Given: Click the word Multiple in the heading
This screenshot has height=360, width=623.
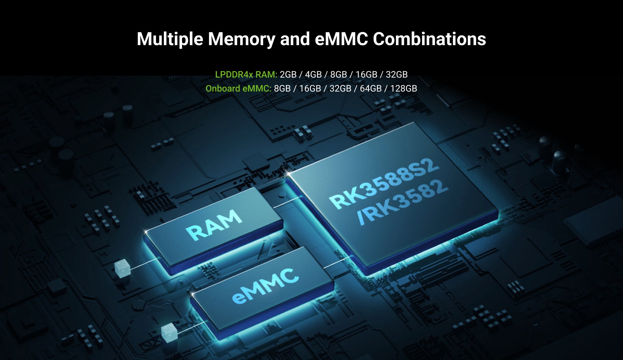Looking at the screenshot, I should coord(170,39).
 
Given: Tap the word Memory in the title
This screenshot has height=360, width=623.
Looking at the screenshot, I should coord(241,39).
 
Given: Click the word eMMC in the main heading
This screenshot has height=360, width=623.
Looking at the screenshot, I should coord(341,39).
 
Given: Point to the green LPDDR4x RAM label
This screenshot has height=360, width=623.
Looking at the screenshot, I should coord(246,74).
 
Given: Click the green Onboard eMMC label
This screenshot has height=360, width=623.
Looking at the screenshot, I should coord(238,88).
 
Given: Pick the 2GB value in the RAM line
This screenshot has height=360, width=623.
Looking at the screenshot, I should coord(288,74).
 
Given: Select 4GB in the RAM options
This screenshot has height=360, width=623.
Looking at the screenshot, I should coord(313,74).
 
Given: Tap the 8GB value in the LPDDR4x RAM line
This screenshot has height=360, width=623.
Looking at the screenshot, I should coord(338,74).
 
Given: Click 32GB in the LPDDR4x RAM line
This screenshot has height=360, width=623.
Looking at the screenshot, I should coord(397,74).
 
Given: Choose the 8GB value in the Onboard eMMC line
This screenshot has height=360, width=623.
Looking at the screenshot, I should coord(282,88).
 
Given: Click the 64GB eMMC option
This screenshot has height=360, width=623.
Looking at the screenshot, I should coord(371,88).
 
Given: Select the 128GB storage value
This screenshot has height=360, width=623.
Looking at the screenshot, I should coord(403,88).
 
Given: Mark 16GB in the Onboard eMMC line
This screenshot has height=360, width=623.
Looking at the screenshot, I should coord(310,88).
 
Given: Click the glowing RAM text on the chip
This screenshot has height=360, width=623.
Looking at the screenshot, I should coord(214,225).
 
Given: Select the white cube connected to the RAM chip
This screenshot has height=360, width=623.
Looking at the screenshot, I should coord(122,268).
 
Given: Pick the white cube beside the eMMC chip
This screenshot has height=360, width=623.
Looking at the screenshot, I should coord(169,332).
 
